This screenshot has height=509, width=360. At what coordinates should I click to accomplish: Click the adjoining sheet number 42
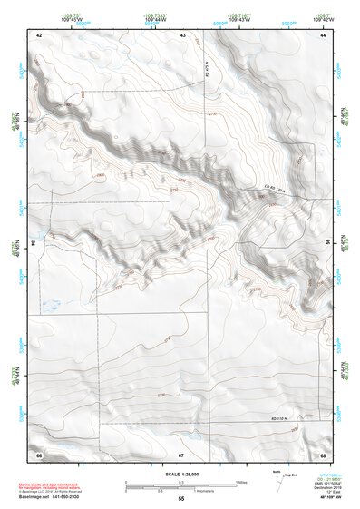click(39, 34)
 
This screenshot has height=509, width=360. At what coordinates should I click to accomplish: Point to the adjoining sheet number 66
click(39, 453)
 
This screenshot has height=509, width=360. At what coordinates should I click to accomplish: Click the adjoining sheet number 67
click(181, 453)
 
